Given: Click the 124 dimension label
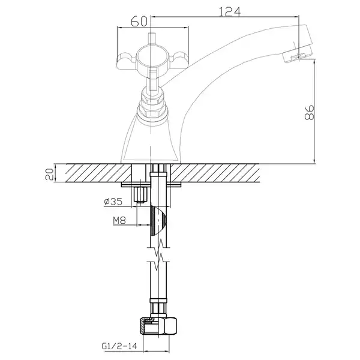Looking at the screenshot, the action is pyautogui.click(x=230, y=12).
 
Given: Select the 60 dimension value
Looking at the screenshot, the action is pyautogui.click(x=139, y=22).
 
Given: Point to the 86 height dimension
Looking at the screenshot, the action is pyautogui.click(x=309, y=113).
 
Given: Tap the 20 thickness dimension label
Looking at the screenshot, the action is pyautogui.click(x=50, y=174).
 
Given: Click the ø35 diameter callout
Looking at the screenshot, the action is pyautogui.click(x=113, y=202).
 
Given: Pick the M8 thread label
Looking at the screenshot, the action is pyautogui.click(x=119, y=221).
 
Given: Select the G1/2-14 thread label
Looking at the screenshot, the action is pyautogui.click(x=119, y=346).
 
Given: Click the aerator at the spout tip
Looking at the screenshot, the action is pyautogui.click(x=298, y=55).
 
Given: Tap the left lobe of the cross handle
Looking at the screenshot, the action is pyautogui.click(x=127, y=61).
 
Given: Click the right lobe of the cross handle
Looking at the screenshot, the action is pyautogui.click(x=180, y=60).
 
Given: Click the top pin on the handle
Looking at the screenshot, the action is pyautogui.click(x=152, y=38).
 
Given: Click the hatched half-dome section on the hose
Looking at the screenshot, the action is pyautogui.click(x=158, y=220).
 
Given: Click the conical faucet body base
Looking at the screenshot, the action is pyautogui.click(x=151, y=139).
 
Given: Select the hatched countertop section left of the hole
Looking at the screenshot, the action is pyautogui.click(x=98, y=173).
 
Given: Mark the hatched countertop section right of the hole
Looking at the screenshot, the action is pyautogui.click(x=215, y=173).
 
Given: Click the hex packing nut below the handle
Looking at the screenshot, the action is pyautogui.click(x=151, y=101).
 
